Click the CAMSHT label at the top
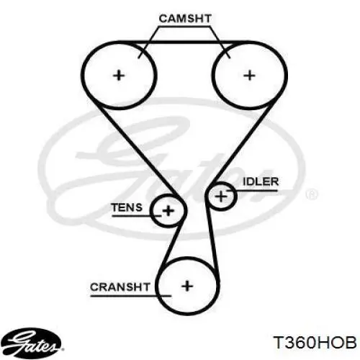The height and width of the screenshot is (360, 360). pyautogui.click(x=185, y=19)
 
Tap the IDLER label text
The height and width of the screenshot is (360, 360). pyautogui.click(x=261, y=181)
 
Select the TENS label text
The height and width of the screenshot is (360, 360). pyautogui.click(x=127, y=207)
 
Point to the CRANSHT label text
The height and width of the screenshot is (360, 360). pyautogui.click(x=120, y=287)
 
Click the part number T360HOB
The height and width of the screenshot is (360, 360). pyautogui.click(x=315, y=342)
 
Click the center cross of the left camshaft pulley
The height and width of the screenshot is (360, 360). pyautogui.click(x=119, y=76)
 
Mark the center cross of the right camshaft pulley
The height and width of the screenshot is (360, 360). pyautogui.click(x=250, y=76)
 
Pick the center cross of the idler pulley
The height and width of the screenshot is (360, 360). pyautogui.click(x=221, y=197)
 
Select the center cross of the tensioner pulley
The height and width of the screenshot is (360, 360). pyautogui.click(x=168, y=211)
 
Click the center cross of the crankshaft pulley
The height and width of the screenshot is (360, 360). pyautogui.click(x=187, y=286)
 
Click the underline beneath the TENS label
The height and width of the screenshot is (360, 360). pyautogui.click(x=136, y=216)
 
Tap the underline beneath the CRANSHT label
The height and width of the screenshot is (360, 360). pyautogui.click(x=131, y=296)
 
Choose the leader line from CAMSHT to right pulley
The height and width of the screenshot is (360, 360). pyautogui.click(x=220, y=42)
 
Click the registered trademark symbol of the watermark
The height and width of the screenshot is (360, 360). pyautogui.click(x=312, y=194)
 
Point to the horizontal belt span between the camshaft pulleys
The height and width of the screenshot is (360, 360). pyautogui.click(x=184, y=42)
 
